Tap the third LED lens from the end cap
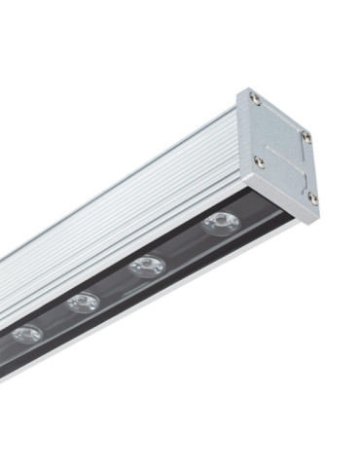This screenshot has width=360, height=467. [x=85, y=302]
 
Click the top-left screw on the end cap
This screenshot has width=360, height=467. [x=254, y=98]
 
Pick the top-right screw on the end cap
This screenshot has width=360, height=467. [x=306, y=136]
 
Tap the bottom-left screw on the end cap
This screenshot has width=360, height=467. [x=259, y=162]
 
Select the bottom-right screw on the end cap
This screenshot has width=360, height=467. [x=312, y=198]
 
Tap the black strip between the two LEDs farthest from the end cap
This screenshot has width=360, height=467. [x=54, y=318]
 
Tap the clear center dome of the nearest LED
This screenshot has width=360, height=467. [x=221, y=223]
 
